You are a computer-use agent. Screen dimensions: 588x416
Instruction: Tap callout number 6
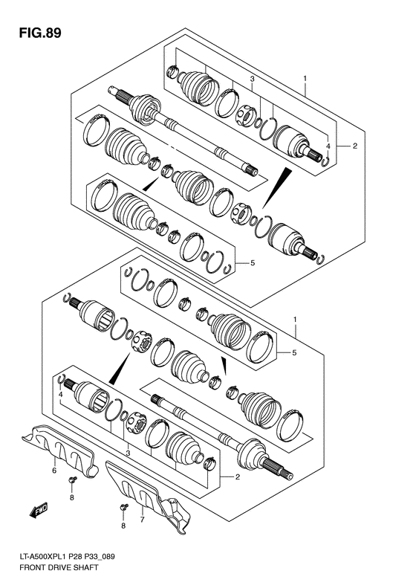[x=53, y=471]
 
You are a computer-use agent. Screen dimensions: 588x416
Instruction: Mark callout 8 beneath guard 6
[x=72, y=498]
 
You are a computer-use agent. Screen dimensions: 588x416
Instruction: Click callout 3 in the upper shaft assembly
[x=252, y=78]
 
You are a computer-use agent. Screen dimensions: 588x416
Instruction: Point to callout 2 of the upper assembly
[x=354, y=146]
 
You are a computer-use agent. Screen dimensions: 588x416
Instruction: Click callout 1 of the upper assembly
[x=304, y=78]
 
